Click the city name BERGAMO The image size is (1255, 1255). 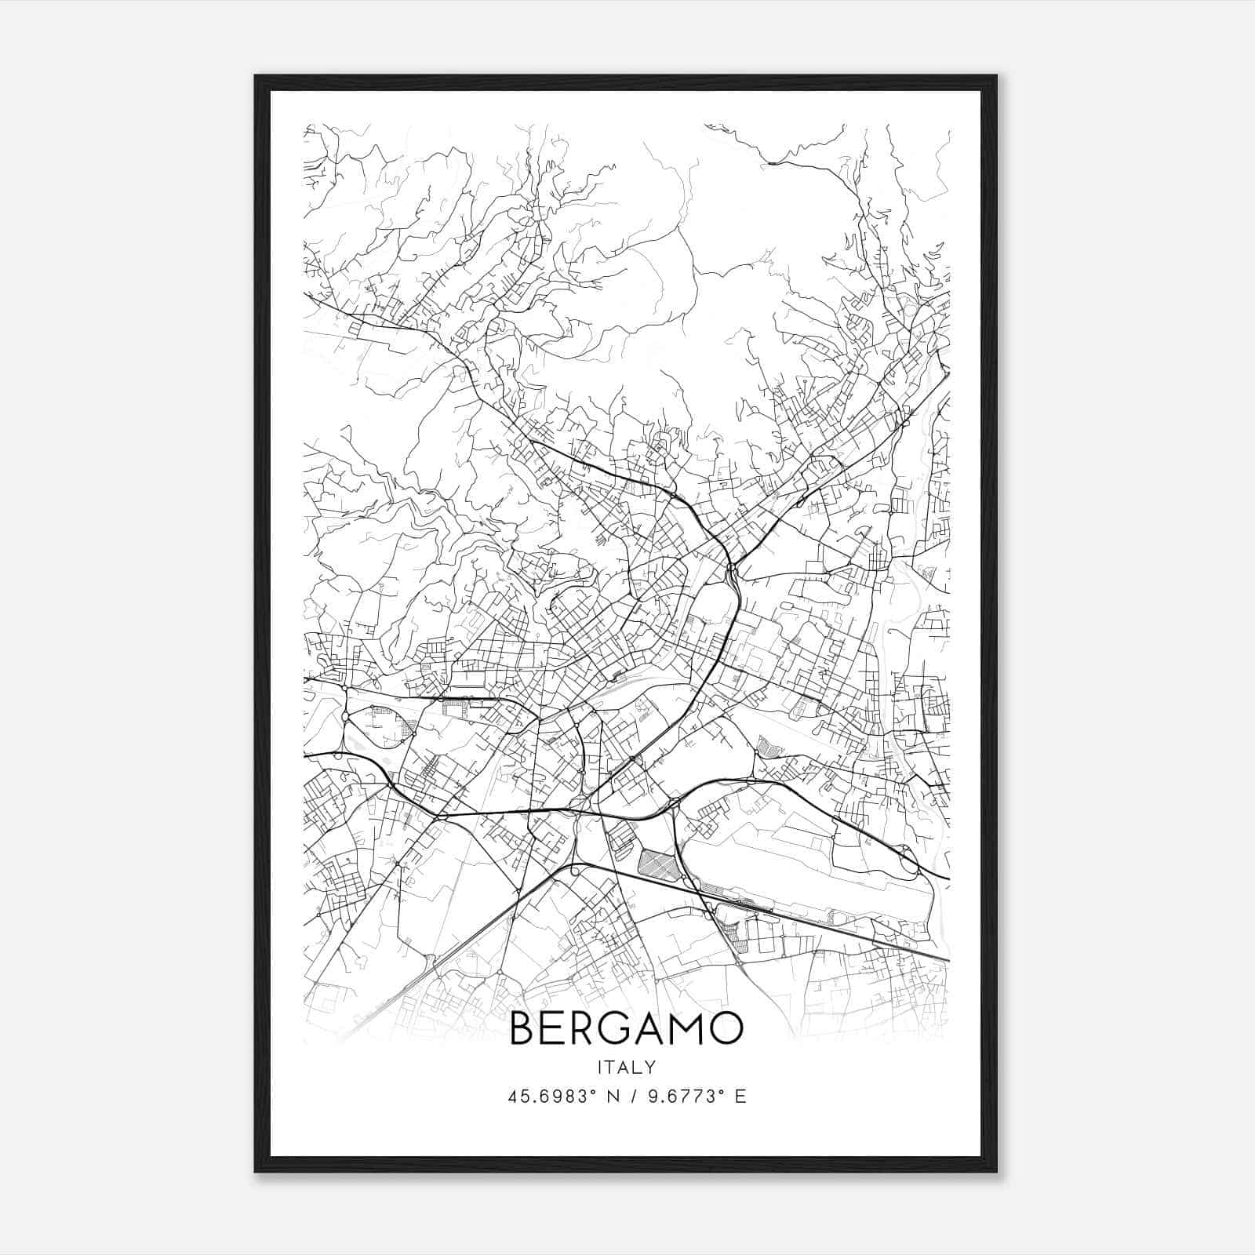point(626,1028)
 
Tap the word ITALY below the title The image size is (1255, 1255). point(626,1067)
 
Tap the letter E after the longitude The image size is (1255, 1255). point(740,1097)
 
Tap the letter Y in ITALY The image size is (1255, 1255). point(651,1067)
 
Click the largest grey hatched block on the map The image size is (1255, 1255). point(657,864)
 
